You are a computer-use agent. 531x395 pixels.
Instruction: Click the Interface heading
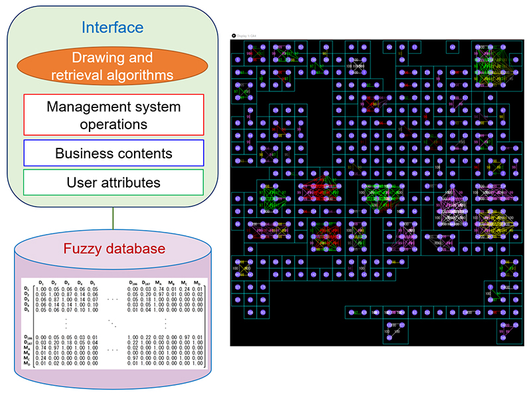coord(112,27)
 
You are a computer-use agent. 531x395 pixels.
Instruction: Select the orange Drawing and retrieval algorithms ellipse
coord(112,66)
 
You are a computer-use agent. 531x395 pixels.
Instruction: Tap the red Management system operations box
coord(112,115)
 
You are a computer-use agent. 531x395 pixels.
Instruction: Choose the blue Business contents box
coord(112,153)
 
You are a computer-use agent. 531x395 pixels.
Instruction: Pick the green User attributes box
coord(112,182)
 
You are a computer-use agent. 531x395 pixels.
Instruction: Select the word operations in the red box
coord(112,123)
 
